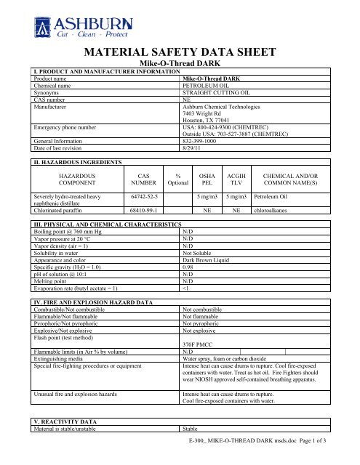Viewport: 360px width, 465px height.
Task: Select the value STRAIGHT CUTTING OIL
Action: [x=212, y=91]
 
